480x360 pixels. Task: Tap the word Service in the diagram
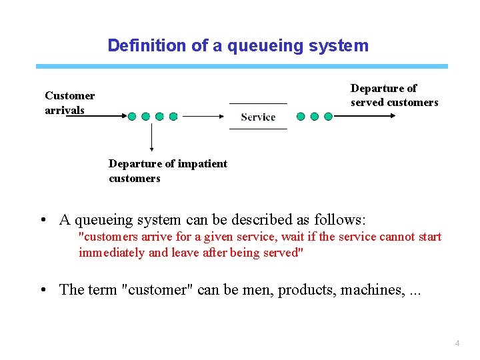click(x=258, y=117)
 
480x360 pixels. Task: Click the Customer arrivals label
click(x=69, y=103)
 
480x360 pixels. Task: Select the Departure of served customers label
click(x=394, y=95)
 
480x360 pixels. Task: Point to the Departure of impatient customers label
click(x=167, y=171)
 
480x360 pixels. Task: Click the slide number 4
click(x=457, y=343)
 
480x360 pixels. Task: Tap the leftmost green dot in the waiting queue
click(x=132, y=116)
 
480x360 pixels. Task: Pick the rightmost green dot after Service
click(x=328, y=116)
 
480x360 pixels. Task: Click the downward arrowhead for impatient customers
click(x=151, y=149)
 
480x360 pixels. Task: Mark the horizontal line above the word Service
click(x=258, y=103)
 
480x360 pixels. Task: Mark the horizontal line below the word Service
click(x=258, y=129)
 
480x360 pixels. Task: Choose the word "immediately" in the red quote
click(x=111, y=252)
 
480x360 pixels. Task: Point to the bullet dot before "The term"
click(x=43, y=290)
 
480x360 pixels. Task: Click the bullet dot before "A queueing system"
click(x=43, y=220)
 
